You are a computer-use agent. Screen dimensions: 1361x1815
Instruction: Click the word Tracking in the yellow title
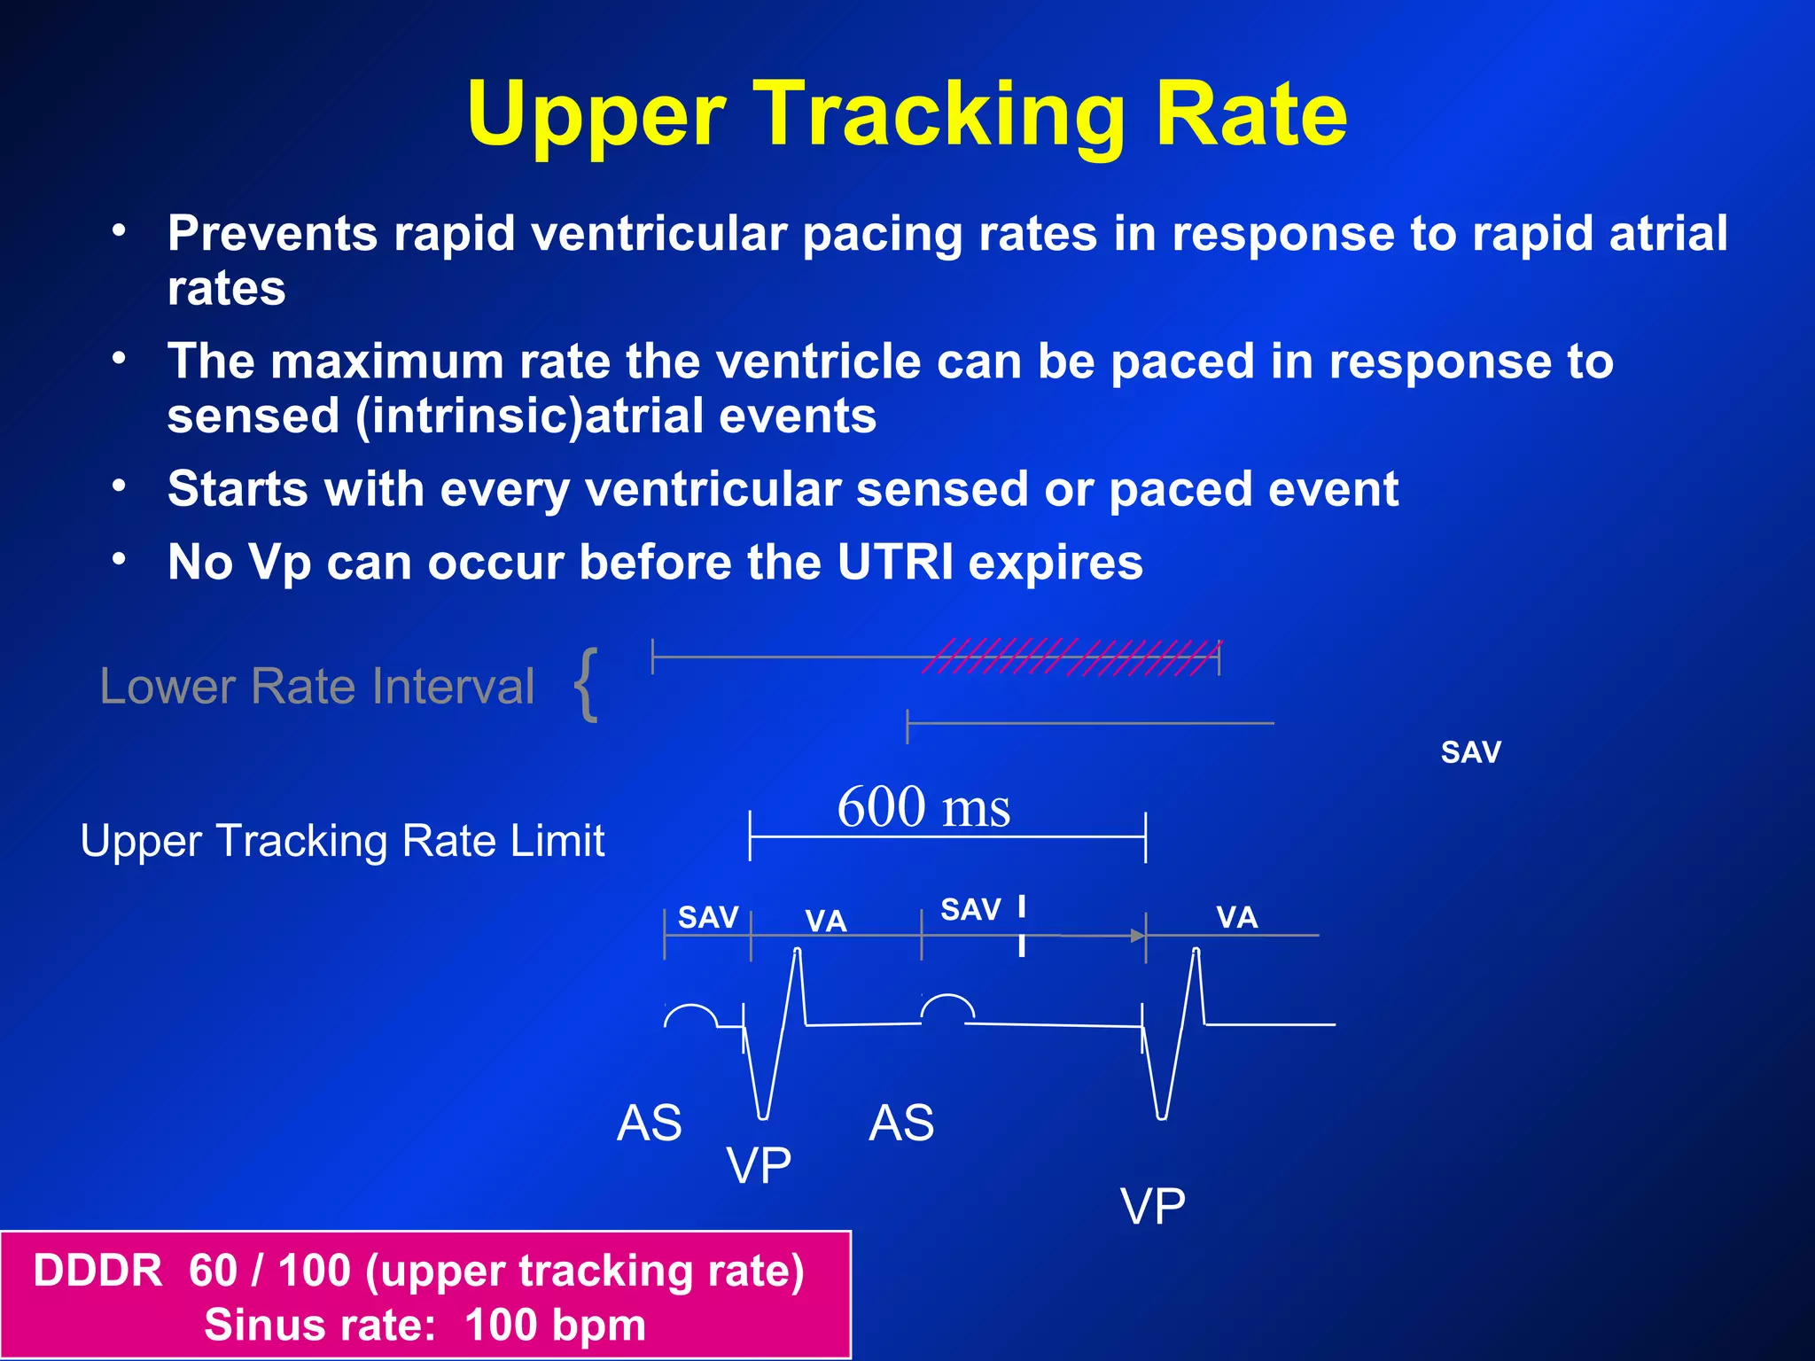[941, 114]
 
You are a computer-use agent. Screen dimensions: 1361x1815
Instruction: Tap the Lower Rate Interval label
[317, 686]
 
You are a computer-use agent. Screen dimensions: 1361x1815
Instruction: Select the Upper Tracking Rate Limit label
[342, 840]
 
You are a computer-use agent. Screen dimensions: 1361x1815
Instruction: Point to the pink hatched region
[1071, 657]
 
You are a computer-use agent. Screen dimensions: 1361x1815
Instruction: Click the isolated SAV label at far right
[1470, 752]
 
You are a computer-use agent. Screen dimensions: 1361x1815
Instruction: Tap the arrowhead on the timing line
[1137, 936]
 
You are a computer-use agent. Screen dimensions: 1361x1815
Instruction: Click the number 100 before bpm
[500, 1326]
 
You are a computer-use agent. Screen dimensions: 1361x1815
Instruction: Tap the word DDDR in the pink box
[97, 1271]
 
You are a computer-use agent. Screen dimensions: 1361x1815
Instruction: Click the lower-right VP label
[1152, 1206]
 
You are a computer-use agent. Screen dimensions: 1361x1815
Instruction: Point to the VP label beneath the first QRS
[759, 1164]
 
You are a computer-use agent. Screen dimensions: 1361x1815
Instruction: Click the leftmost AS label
[650, 1123]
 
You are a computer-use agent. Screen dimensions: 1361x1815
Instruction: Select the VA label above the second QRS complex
[1236, 917]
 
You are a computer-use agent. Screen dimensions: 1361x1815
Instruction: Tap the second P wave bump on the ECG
[947, 1007]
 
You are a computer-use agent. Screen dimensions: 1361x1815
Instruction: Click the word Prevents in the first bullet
[272, 234]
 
